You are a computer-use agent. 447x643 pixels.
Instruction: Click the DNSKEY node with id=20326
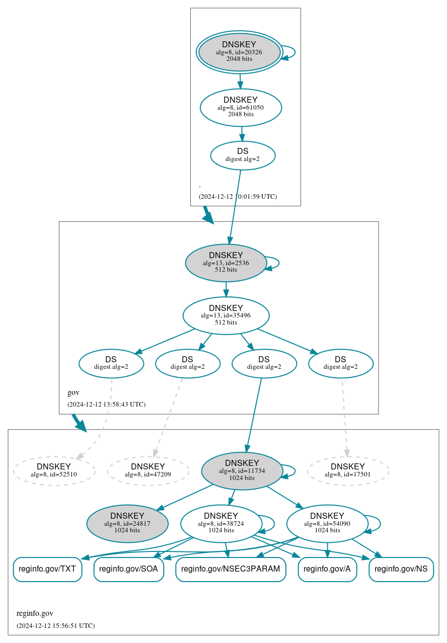click(x=239, y=52)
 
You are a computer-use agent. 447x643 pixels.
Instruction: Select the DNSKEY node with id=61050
click(x=241, y=107)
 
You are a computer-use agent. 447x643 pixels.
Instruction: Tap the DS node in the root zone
click(x=243, y=155)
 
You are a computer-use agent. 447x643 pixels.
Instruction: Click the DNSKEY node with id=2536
click(x=226, y=263)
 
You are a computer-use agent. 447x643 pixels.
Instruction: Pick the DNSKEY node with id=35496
click(x=226, y=315)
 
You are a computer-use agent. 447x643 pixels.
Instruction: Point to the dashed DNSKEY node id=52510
click(x=54, y=470)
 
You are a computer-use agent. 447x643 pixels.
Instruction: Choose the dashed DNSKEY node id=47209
click(x=148, y=470)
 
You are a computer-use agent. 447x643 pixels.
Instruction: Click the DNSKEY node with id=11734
click(x=242, y=470)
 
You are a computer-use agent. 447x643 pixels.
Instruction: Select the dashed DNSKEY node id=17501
click(x=348, y=470)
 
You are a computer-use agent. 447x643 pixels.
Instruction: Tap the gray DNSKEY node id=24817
click(x=127, y=523)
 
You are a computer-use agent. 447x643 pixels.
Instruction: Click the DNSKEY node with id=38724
click(x=221, y=523)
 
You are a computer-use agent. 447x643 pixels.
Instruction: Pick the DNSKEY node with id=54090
click(x=327, y=523)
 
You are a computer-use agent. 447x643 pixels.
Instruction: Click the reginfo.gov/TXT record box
click(x=47, y=569)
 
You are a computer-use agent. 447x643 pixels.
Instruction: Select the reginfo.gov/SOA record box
click(x=129, y=569)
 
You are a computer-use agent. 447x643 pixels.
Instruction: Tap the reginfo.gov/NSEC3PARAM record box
click(x=231, y=569)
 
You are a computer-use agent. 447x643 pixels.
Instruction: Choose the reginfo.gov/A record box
click(x=327, y=569)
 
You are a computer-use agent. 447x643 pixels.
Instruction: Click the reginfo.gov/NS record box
click(x=401, y=569)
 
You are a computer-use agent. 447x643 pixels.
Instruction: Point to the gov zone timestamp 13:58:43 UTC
click(x=106, y=404)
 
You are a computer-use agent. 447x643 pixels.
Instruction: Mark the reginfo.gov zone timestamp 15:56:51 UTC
click(x=55, y=625)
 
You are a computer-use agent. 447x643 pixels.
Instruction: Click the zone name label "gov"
click(x=73, y=392)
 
